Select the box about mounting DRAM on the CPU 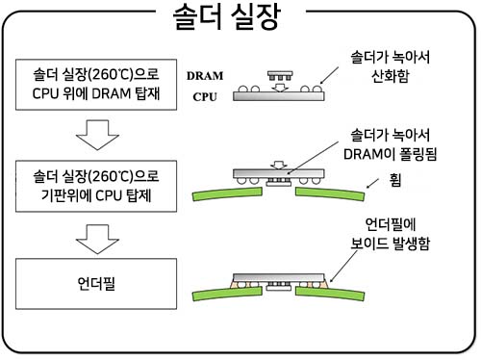click(x=95, y=82)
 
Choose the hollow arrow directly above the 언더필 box click(x=95, y=238)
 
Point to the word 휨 click(x=396, y=179)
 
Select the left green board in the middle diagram click(x=225, y=193)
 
